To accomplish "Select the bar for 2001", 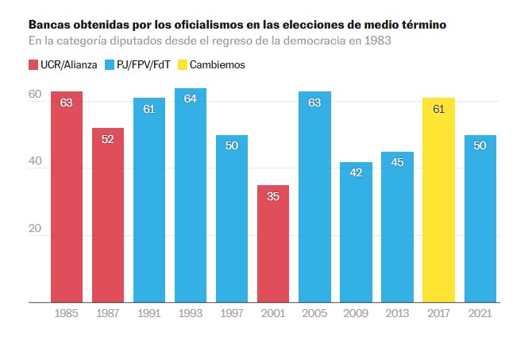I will [x=273, y=244].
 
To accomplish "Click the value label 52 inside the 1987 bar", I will [x=108, y=139].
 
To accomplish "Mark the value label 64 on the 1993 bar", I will [x=191, y=99].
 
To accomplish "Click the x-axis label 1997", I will [x=232, y=313].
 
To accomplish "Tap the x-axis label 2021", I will [x=480, y=313].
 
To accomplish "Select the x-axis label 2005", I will [x=314, y=313].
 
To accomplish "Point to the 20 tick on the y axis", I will [x=35, y=229].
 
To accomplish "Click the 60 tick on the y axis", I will [x=35, y=95].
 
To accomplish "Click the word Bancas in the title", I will [x=49, y=25].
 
